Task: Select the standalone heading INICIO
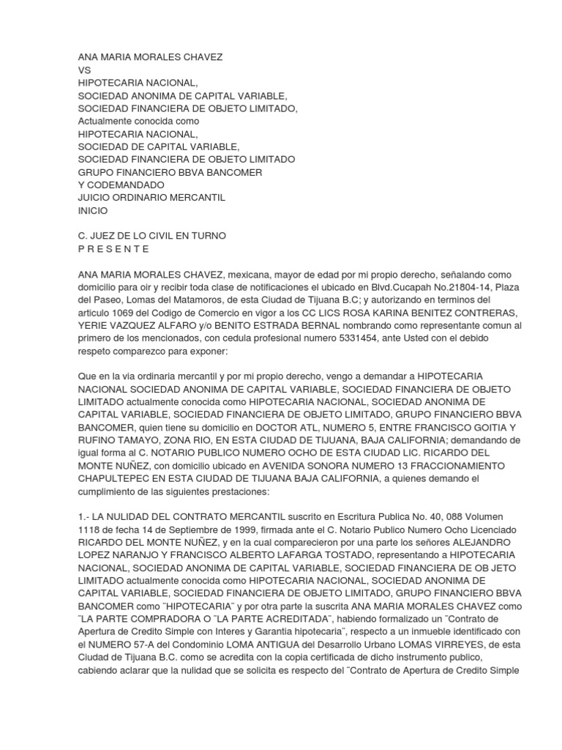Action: (x=93, y=210)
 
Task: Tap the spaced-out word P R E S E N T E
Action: (x=113, y=248)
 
